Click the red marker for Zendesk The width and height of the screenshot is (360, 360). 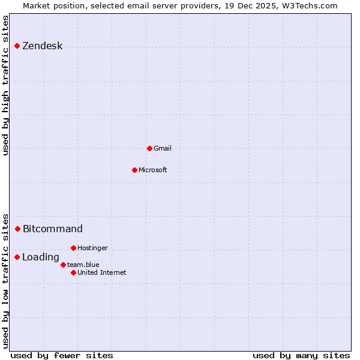click(x=17, y=46)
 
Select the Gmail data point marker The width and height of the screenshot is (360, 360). click(x=149, y=148)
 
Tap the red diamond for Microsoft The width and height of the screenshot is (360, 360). click(x=134, y=170)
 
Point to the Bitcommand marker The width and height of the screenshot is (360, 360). click(x=18, y=229)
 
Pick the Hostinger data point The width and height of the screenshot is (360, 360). click(x=73, y=248)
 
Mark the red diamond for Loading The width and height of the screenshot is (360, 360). click(x=17, y=257)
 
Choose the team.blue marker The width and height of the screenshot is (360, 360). click(x=63, y=265)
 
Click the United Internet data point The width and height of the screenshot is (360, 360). click(x=73, y=272)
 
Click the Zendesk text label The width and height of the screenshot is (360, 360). click(x=42, y=46)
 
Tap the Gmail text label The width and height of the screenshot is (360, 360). click(x=163, y=148)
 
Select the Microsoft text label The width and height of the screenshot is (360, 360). click(x=152, y=170)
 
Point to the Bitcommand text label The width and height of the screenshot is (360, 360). click(x=52, y=229)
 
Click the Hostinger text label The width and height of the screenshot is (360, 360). click(x=92, y=248)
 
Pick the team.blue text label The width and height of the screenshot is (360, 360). click(x=83, y=265)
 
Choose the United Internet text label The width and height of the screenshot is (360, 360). click(x=101, y=272)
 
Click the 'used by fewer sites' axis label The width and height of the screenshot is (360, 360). click(x=62, y=355)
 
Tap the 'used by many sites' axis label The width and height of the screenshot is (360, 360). click(x=301, y=355)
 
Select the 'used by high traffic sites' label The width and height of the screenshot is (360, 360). click(x=5, y=85)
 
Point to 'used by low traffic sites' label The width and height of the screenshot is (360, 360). click(x=5, y=281)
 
